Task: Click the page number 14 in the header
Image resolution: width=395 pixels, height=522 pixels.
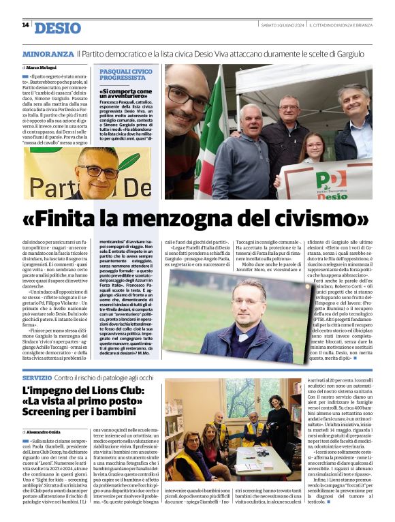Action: tap(25, 25)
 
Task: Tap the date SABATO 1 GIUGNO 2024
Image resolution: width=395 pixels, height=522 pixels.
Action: tap(282, 25)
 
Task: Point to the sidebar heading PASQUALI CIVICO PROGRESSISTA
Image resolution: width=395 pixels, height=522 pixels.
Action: tap(124, 74)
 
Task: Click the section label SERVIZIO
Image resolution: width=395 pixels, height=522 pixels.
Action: tap(37, 378)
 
